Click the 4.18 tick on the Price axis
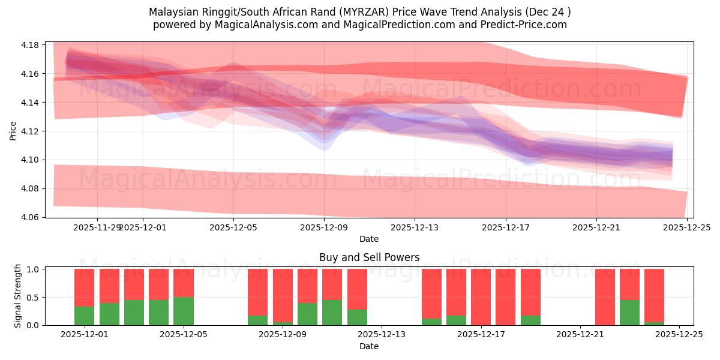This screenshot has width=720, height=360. [x=30, y=45]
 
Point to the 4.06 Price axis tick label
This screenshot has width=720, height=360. [x=30, y=217]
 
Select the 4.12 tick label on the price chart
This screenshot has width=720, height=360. [x=30, y=131]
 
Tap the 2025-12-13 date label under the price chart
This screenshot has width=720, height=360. [x=415, y=227]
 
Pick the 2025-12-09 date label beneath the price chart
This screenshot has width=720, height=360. [x=324, y=227]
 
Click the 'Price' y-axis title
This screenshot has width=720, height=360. [x=13, y=130]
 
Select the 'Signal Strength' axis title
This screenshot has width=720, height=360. [x=18, y=296]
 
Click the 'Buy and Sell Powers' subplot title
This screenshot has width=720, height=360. [x=369, y=258]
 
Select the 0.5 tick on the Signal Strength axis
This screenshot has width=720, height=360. [x=33, y=298]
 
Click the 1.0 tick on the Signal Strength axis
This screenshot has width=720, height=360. [x=33, y=269]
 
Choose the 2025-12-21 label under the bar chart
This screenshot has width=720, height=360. [x=581, y=335]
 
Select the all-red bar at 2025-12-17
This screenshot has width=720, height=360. [x=481, y=297]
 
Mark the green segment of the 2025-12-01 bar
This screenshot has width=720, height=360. [x=85, y=316]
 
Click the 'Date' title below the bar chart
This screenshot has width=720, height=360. [x=369, y=346]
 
